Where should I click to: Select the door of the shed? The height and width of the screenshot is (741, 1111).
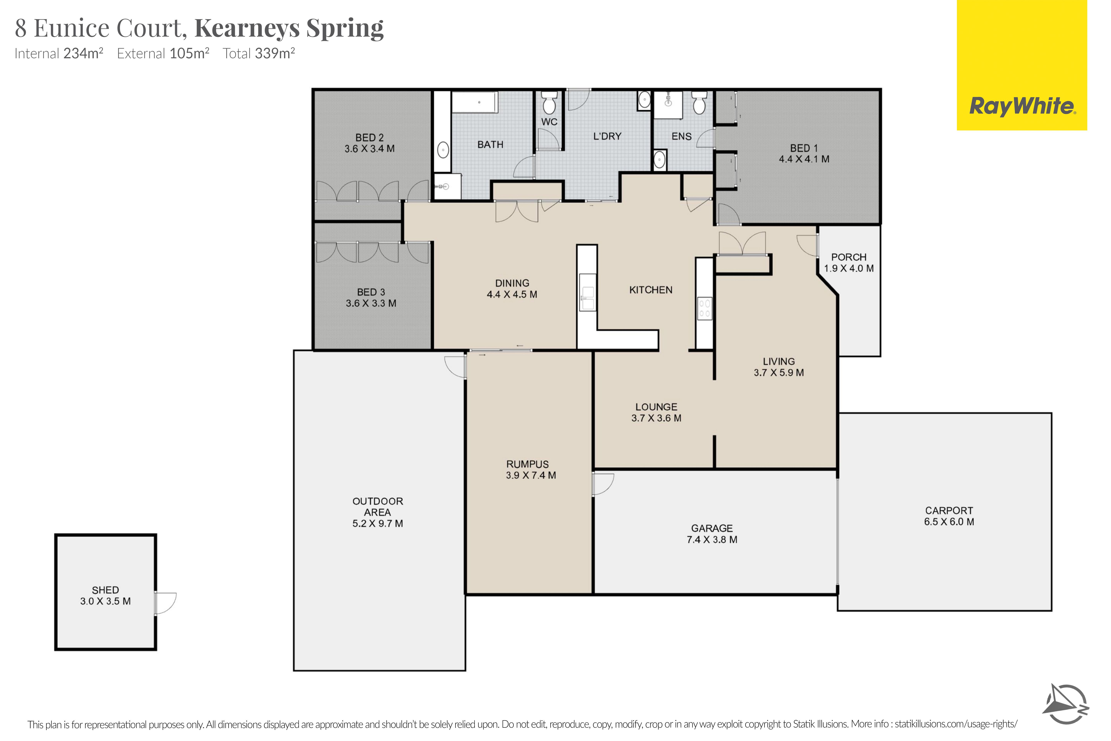click(165, 603)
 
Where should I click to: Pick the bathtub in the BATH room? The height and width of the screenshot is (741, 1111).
click(475, 102)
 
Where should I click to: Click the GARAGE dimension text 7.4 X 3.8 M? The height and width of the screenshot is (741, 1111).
click(712, 540)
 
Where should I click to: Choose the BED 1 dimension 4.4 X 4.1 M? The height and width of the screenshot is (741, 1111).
click(804, 159)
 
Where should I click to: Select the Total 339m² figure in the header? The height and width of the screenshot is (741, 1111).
click(259, 53)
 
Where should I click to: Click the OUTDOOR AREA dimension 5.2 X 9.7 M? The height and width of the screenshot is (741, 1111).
click(377, 524)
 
